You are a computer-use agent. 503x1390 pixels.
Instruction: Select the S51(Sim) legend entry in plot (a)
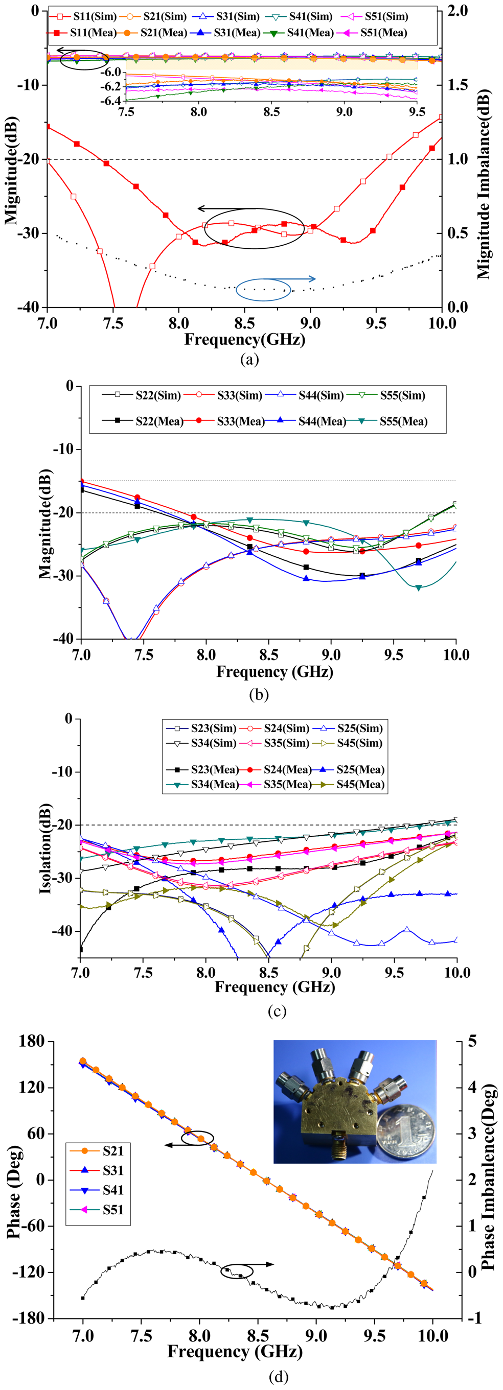point(378,17)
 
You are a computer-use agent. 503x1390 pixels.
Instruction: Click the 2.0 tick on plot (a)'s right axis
point(457,11)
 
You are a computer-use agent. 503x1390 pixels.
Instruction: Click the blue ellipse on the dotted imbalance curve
point(263,289)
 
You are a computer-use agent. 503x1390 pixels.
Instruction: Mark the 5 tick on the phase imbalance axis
point(472,1042)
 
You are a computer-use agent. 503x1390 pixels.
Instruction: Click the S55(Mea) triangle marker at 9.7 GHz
point(418,587)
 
